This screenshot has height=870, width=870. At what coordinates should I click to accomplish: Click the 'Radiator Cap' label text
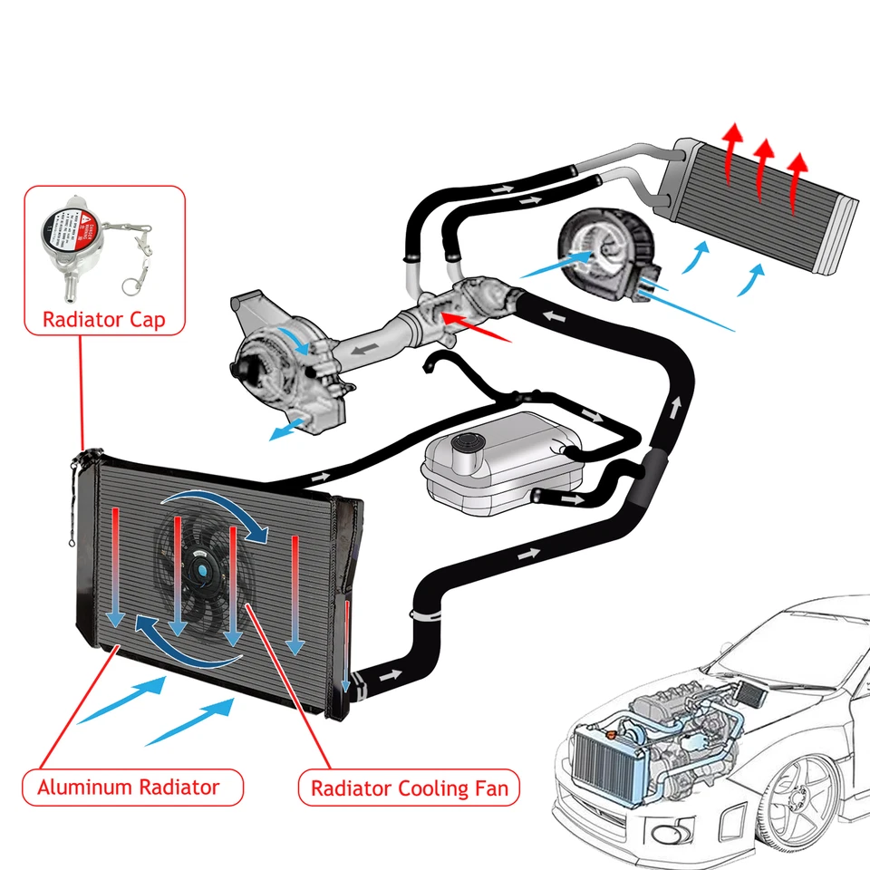pos(104,320)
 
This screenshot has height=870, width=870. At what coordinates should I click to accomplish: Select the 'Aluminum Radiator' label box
pos(128,787)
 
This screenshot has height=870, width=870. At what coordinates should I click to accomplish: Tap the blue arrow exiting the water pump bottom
pos(288,429)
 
